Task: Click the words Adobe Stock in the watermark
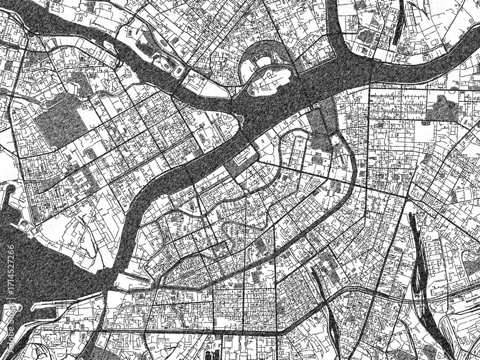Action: point(11,326)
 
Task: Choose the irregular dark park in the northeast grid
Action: point(442,108)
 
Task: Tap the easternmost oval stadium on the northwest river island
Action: point(179,71)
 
